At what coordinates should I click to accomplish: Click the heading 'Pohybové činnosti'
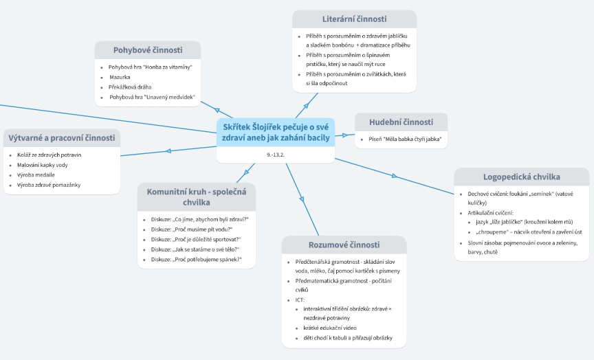coord(148,50)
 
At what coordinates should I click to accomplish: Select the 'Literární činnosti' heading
coord(354,19)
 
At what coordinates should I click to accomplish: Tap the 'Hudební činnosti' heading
coord(401,122)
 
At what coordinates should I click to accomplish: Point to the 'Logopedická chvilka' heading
coord(521,177)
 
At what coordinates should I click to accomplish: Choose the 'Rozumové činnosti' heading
coord(344,245)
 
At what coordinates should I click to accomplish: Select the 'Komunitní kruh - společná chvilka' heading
coord(196,196)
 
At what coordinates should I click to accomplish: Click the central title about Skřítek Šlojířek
coord(275,132)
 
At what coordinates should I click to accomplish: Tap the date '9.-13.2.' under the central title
coord(276,155)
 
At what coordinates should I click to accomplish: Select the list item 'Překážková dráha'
coord(130,87)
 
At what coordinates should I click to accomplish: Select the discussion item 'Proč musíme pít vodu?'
coord(192,229)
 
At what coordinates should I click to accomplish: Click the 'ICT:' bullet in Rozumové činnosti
coord(300,300)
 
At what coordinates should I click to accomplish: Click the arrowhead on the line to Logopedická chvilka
coord(395,177)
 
